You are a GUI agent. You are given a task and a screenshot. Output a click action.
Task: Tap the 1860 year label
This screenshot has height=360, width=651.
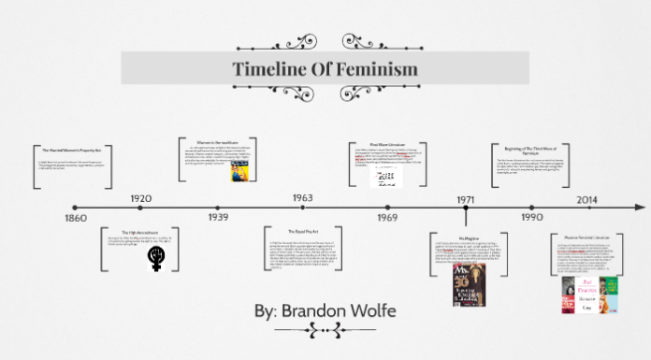75,219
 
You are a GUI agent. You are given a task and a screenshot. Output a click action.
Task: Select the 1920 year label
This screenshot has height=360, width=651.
142,198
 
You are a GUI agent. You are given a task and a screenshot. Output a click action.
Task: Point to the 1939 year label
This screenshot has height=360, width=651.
218,218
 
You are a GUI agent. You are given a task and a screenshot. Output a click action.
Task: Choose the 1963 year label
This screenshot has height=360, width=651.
302,198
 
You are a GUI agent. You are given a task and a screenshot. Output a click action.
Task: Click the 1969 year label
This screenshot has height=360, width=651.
387,218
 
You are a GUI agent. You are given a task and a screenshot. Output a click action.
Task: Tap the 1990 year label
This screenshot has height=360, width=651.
533,218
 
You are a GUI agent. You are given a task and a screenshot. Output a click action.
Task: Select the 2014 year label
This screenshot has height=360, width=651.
587,199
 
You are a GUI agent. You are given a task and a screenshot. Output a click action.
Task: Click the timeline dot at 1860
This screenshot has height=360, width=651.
75,208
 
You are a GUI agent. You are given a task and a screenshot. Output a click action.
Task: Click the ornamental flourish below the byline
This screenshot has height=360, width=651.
326,329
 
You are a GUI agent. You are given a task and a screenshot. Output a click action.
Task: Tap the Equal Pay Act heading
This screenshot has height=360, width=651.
300,230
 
